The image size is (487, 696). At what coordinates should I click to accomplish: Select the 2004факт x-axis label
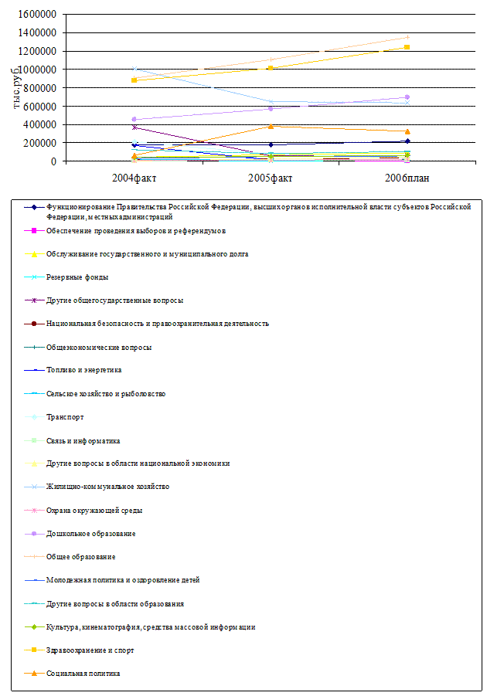(x=135, y=178)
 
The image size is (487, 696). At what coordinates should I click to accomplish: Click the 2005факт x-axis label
(x=271, y=178)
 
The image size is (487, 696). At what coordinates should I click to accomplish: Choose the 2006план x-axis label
(x=407, y=178)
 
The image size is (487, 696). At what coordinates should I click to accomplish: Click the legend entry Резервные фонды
(x=77, y=277)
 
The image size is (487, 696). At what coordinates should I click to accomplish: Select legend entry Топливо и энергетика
(x=83, y=370)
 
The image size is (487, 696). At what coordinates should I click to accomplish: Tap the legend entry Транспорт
(x=65, y=417)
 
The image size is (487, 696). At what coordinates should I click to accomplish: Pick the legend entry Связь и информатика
(x=83, y=441)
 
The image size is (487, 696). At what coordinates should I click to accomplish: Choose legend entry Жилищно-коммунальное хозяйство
(x=107, y=487)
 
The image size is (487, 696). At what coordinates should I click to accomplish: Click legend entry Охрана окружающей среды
(x=94, y=510)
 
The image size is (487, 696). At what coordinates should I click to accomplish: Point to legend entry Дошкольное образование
(x=90, y=534)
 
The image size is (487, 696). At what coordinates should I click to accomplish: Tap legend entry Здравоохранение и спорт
(x=90, y=650)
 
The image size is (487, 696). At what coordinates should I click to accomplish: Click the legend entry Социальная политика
(x=83, y=674)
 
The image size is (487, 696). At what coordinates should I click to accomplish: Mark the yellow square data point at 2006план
(x=407, y=47)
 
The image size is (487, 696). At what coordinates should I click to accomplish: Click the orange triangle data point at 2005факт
(x=271, y=126)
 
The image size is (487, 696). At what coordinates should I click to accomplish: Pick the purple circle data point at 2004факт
(x=135, y=119)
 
